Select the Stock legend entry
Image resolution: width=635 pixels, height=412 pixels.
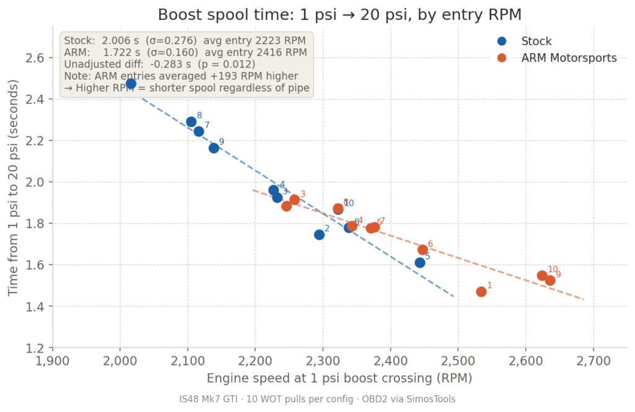[536, 42]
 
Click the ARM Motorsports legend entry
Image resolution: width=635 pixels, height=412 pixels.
[569, 58]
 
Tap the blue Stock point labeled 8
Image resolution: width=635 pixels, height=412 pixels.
[191, 122]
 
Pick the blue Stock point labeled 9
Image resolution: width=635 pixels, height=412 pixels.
[214, 148]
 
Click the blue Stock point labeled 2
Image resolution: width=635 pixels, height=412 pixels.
[319, 235]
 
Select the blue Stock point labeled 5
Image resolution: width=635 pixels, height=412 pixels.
[420, 263]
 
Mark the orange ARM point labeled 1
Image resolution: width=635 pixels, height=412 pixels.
[481, 292]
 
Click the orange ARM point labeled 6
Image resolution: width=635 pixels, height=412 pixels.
[422, 250]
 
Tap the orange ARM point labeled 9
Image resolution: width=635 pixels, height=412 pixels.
[550, 281]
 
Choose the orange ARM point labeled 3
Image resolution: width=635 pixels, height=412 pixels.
[295, 199]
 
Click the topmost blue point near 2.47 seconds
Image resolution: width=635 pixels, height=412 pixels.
[131, 84]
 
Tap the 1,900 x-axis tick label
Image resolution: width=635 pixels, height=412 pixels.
[53, 361]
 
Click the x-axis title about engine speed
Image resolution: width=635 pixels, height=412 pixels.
[339, 379]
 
